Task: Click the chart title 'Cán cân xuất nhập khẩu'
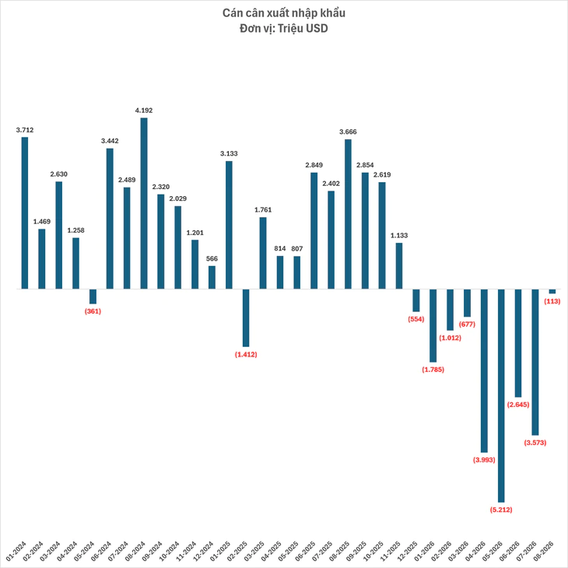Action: pos(284,13)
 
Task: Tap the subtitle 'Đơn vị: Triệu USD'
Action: pos(284,28)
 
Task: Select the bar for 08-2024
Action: pos(144,203)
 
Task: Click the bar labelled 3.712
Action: pos(25,213)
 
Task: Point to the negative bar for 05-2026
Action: pos(501,395)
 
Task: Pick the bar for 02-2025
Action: pos(246,318)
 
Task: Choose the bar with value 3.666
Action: pos(348,214)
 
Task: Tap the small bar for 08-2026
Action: pos(552,291)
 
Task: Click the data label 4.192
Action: pos(144,110)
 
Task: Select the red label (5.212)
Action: pos(501,510)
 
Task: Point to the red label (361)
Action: pos(93,311)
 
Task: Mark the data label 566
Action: pos(212,258)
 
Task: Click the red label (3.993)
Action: pos(484,460)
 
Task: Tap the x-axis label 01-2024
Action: pos(16,551)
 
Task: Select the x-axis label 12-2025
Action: pos(408,551)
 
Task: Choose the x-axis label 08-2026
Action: pos(545,551)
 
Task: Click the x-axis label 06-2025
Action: pos(306,551)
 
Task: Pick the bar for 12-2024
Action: pos(212,278)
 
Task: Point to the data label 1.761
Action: pos(263,210)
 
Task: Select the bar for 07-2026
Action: pos(535,363)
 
